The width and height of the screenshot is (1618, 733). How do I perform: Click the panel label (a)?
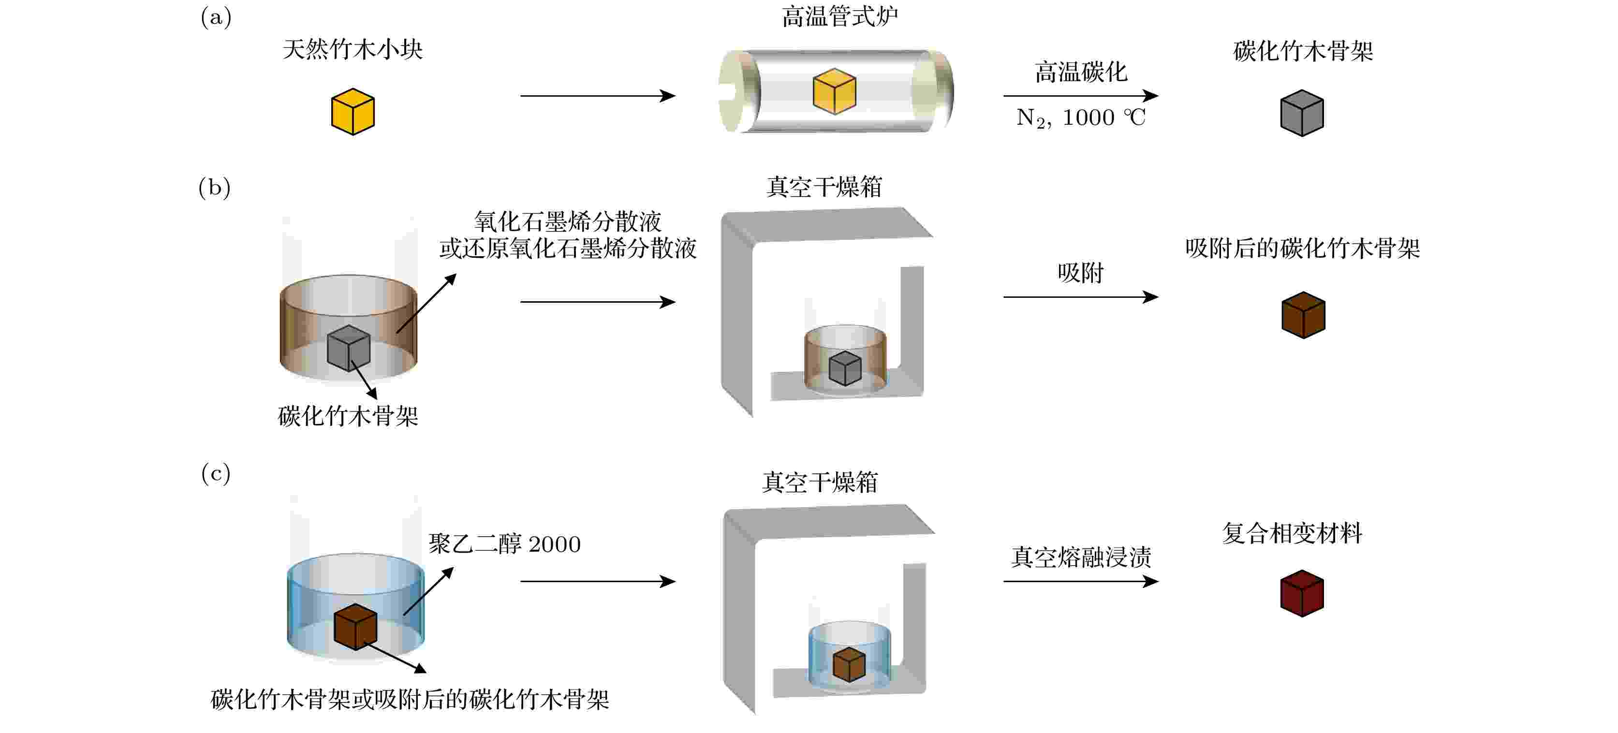[x=216, y=17]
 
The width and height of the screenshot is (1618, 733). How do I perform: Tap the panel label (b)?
[x=215, y=187]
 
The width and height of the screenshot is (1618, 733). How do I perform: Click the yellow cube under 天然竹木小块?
[x=353, y=112]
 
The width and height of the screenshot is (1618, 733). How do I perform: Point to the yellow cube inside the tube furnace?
[x=835, y=91]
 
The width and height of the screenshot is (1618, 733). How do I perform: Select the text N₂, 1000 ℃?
[x=1081, y=117]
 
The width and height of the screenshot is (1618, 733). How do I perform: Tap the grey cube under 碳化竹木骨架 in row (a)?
[x=1302, y=113]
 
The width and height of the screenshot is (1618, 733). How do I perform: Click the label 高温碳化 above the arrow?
[x=1081, y=72]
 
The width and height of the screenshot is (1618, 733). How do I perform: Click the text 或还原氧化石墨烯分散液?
[x=568, y=249]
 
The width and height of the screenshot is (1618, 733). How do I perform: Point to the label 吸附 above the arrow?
[x=1080, y=273]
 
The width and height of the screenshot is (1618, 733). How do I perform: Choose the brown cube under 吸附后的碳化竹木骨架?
[x=1303, y=315]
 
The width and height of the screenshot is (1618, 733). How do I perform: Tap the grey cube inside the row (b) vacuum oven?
[x=845, y=368]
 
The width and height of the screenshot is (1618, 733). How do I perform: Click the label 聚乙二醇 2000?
[x=504, y=544]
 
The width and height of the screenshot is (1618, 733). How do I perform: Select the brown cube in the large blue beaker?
[x=355, y=627]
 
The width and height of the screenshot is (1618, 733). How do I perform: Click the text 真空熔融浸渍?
[x=1081, y=557]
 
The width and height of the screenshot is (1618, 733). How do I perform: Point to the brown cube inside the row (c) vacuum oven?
[x=849, y=664]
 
